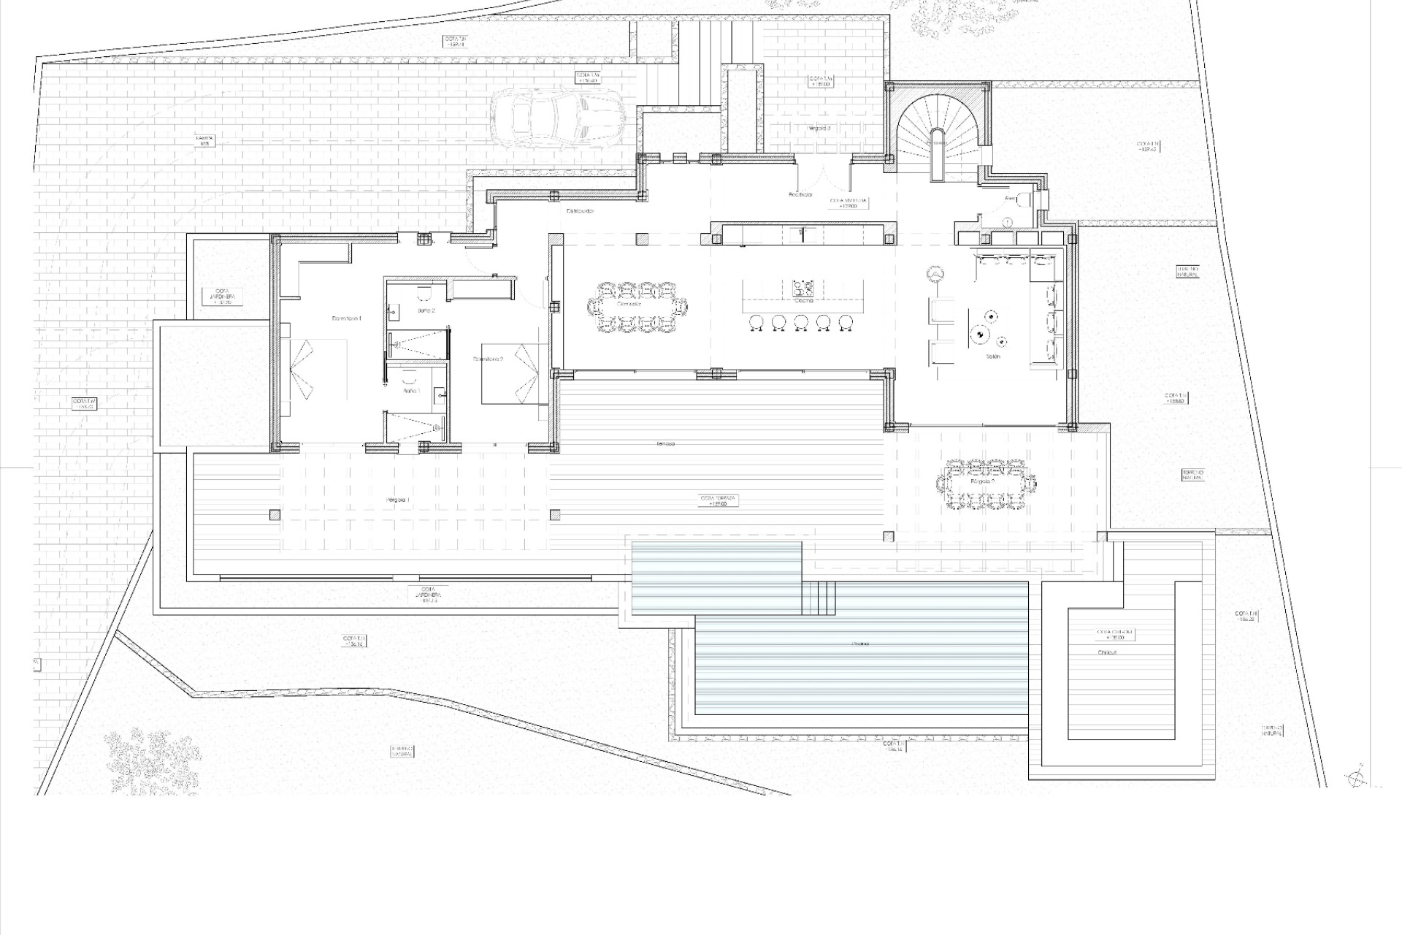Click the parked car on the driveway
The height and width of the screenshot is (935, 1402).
click(556, 118)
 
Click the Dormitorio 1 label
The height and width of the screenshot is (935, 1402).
click(346, 318)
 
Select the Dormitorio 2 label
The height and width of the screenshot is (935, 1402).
click(488, 359)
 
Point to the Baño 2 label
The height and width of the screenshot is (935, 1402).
click(426, 310)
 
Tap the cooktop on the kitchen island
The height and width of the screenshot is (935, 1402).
click(802, 288)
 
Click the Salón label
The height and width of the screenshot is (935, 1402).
click(992, 356)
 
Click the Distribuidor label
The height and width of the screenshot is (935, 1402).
click(581, 210)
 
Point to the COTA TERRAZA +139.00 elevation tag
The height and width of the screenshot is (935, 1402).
click(719, 500)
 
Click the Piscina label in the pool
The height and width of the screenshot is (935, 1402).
click(860, 644)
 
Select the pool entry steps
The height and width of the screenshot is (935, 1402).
click(819, 598)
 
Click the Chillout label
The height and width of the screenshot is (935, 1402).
click(1106, 652)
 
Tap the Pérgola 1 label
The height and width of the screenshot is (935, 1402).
click(398, 500)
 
